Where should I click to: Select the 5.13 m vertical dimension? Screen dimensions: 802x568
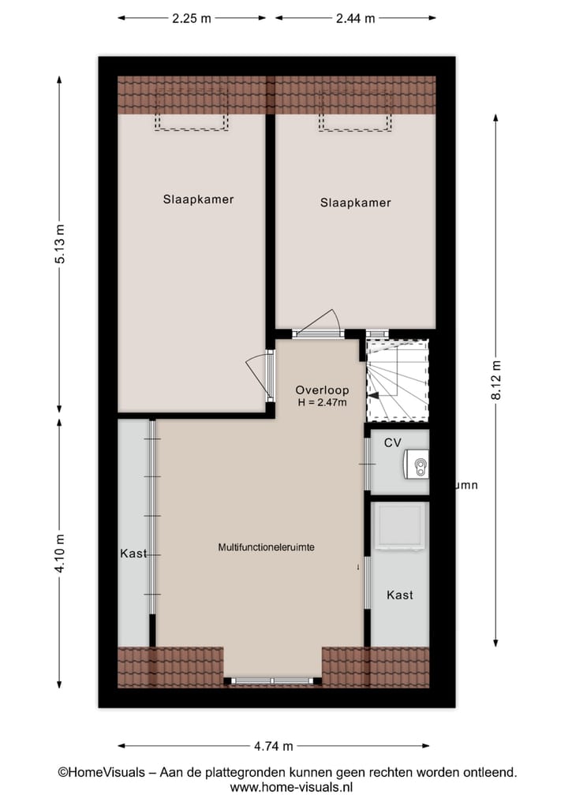pyautogui.click(x=60, y=245)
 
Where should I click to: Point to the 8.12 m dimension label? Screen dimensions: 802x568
pyautogui.click(x=496, y=380)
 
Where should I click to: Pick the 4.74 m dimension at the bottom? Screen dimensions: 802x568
pyautogui.click(x=274, y=746)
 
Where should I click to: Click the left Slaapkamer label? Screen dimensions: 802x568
pyautogui.click(x=198, y=200)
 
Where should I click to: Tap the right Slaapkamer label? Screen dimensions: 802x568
pyautogui.click(x=355, y=203)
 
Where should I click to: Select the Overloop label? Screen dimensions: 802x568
pyautogui.click(x=321, y=390)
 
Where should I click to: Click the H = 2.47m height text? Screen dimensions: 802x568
pyautogui.click(x=322, y=403)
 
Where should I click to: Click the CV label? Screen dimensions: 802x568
pyautogui.click(x=393, y=443)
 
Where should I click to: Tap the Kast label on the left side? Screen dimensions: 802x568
pyautogui.click(x=134, y=554)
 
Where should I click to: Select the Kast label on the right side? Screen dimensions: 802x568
pyautogui.click(x=399, y=595)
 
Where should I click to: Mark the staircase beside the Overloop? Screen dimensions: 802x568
pyautogui.click(x=398, y=380)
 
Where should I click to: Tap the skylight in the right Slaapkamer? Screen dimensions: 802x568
pyautogui.click(x=355, y=111)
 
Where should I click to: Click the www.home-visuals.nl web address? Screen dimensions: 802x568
pyautogui.click(x=291, y=787)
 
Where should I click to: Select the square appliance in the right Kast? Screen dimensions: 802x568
pyautogui.click(x=400, y=526)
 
